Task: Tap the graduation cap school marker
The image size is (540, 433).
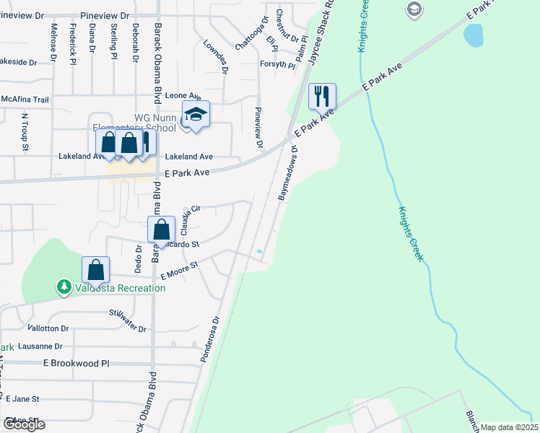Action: click(x=196, y=113)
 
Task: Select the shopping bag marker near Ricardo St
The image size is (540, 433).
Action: click(x=162, y=229)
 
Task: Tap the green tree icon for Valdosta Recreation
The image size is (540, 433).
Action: click(x=64, y=287)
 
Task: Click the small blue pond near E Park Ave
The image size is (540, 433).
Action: click(x=474, y=34)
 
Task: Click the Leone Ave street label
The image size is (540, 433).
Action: click(x=183, y=95)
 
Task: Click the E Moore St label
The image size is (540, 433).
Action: click(x=178, y=271)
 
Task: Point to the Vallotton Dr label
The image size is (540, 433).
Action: click(x=49, y=327)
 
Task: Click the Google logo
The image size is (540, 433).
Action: click(x=23, y=424)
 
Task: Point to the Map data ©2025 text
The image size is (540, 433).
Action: click(x=508, y=427)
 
